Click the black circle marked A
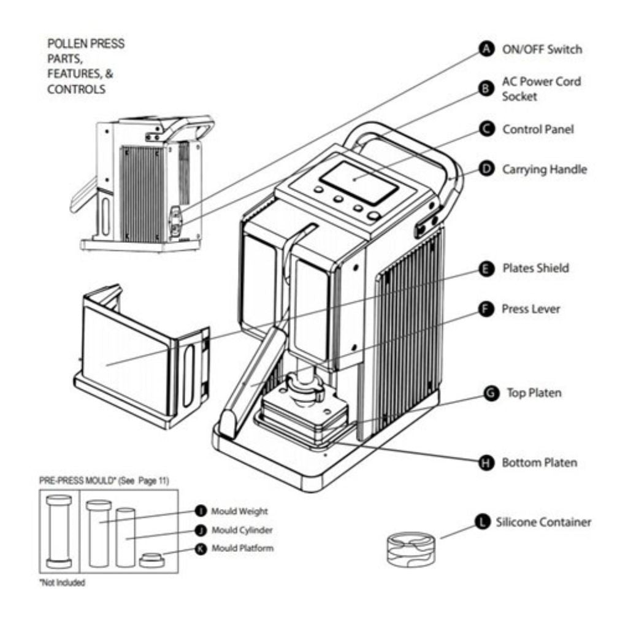(487, 50)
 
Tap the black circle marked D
(487, 169)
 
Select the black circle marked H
(486, 463)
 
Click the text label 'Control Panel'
(538, 130)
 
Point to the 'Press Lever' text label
(530, 309)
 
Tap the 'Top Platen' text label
(534, 393)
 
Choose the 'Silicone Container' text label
(543, 523)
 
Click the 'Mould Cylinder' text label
(242, 530)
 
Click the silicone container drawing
(412, 547)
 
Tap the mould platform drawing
(151, 559)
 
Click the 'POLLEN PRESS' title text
(85, 44)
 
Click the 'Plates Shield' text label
(535, 268)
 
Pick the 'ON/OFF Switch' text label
(542, 49)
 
